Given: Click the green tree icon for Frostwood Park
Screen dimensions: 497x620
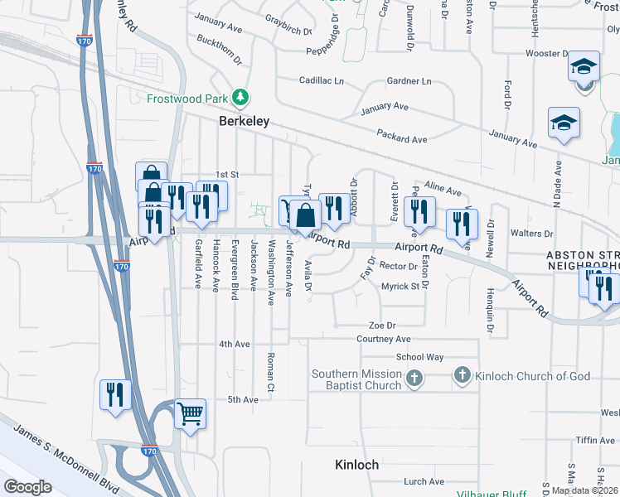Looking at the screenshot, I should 241,99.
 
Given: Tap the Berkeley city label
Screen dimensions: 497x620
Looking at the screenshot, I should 245,121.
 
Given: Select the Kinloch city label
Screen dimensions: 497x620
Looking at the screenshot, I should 356,465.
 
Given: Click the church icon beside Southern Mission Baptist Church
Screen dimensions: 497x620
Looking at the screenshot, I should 414,379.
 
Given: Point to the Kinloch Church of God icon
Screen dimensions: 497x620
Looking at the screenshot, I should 463,376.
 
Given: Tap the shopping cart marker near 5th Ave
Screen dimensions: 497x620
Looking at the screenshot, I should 190,412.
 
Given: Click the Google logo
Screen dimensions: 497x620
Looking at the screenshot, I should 27,487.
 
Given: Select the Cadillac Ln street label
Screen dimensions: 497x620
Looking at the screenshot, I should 321,80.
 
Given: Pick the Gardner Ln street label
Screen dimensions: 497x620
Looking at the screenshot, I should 409,81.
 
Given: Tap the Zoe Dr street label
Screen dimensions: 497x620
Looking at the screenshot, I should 383,326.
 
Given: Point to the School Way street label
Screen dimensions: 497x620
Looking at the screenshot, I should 419,357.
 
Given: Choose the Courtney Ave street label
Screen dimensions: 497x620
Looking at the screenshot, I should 384,339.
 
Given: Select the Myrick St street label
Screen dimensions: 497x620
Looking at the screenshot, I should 400,287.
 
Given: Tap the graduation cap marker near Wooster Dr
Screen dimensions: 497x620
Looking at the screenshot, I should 584,66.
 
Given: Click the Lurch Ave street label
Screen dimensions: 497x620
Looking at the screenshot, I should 425,481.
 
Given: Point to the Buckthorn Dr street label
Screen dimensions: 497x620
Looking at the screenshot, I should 220,50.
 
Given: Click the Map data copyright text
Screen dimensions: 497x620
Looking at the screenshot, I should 584,490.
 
